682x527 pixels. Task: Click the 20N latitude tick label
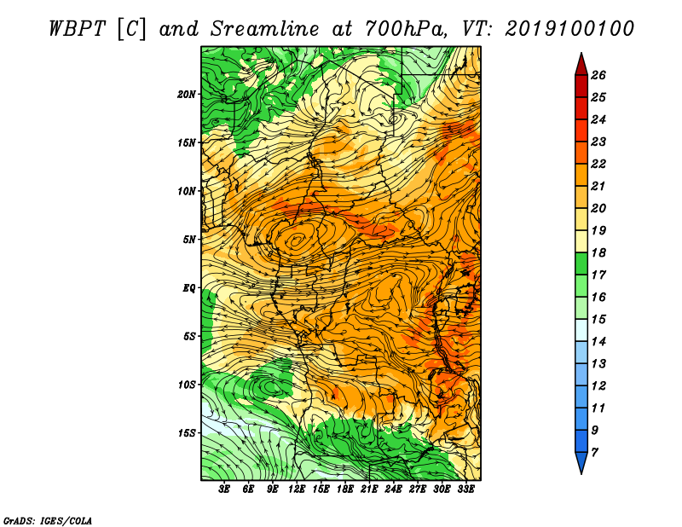(187, 95)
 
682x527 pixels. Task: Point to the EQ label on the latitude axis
(188, 288)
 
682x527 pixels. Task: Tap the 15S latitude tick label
(187, 433)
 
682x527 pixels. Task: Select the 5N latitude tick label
(189, 240)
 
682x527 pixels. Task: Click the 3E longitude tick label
(224, 489)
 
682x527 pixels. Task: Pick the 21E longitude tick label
(369, 489)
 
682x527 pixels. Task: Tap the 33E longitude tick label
(465, 489)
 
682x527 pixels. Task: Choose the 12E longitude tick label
(297, 489)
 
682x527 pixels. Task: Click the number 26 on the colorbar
(598, 75)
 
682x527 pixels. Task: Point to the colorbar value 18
(598, 252)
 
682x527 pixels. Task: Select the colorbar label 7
(595, 453)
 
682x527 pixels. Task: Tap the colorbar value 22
(598, 164)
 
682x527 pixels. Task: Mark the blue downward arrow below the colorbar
(581, 462)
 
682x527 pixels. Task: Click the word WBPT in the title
(77, 29)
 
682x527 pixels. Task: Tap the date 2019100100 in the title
(569, 29)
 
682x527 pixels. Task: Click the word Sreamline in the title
(265, 29)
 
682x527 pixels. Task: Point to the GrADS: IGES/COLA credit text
(48, 520)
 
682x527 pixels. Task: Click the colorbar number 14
(598, 342)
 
